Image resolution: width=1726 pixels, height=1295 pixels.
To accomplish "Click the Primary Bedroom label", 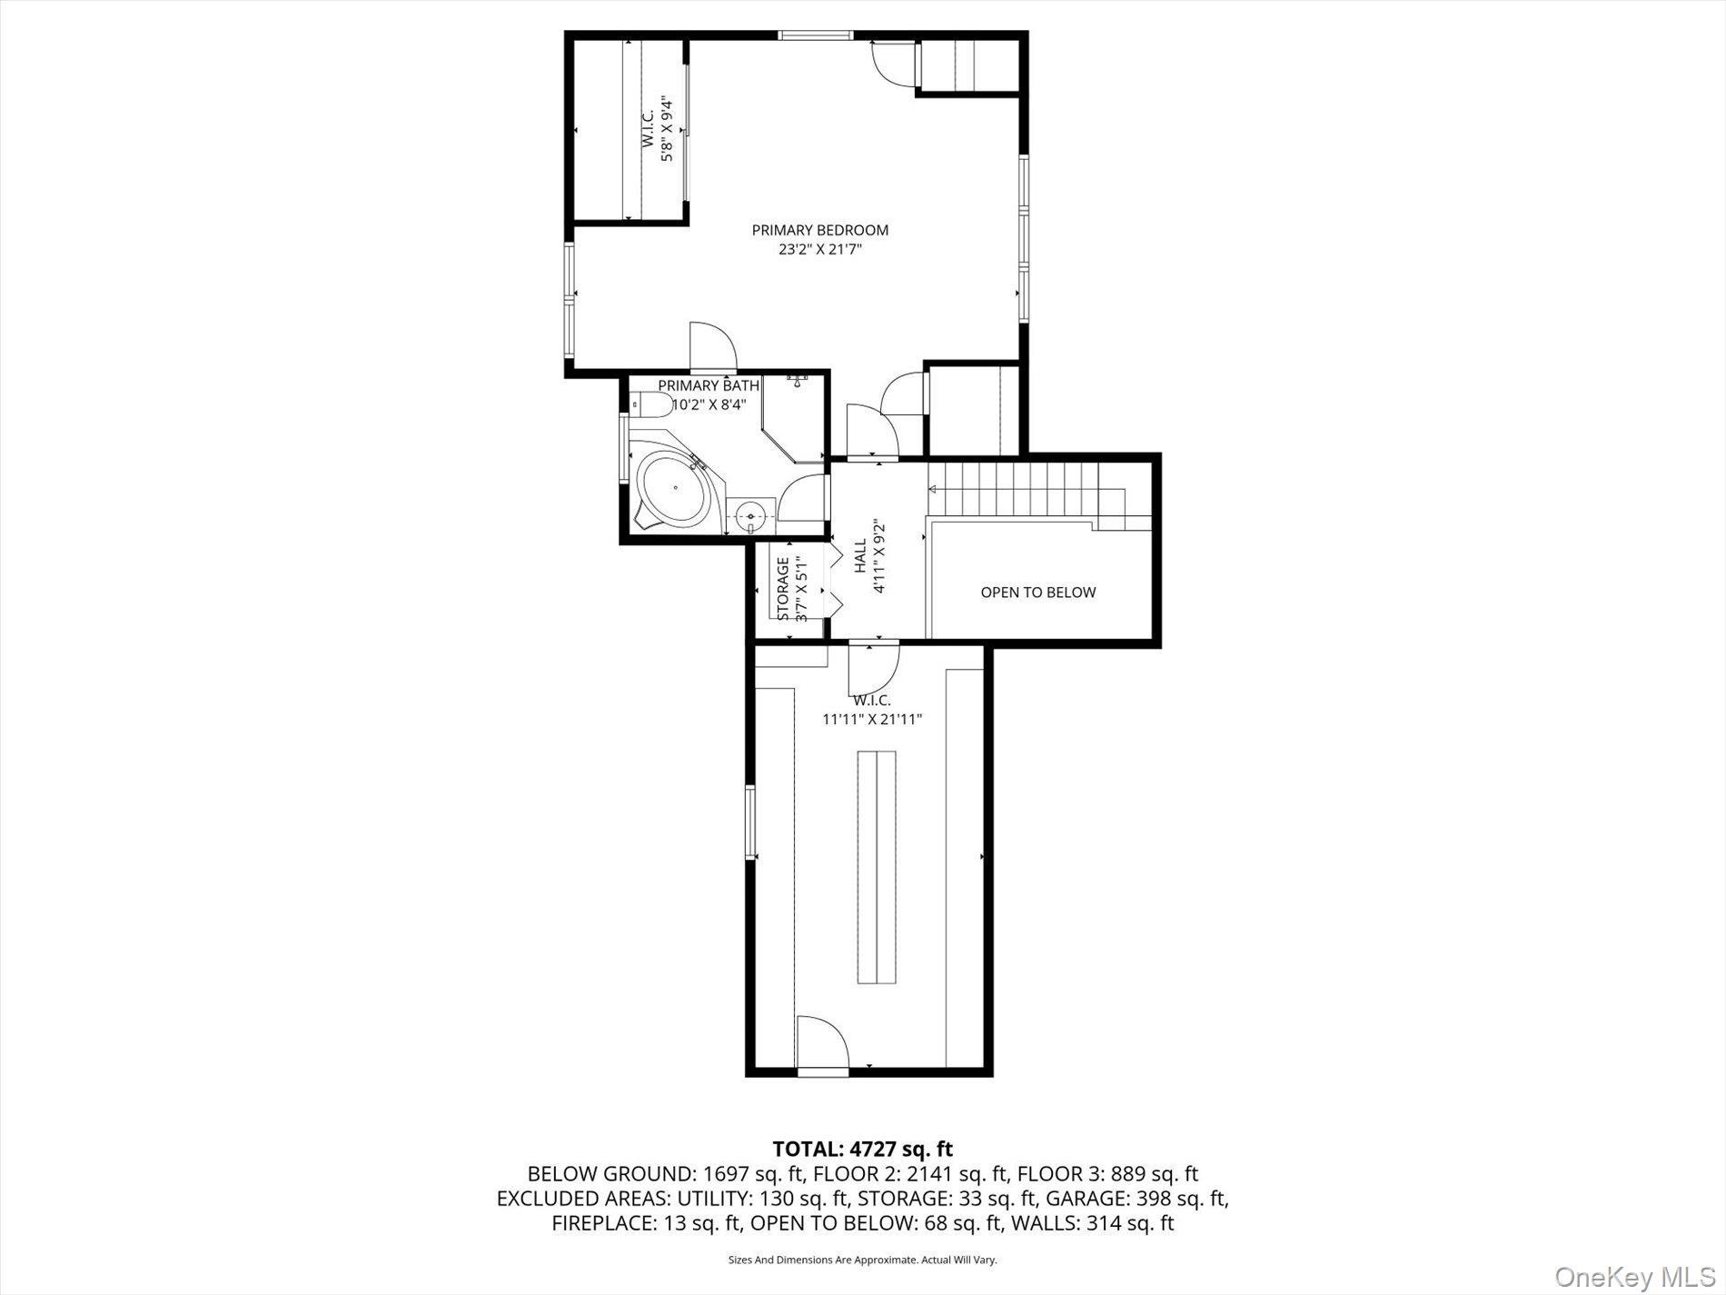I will click(x=819, y=230).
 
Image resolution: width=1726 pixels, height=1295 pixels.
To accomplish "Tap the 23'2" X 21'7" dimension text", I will click(x=819, y=249).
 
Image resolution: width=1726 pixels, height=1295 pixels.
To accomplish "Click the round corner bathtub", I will click(x=673, y=492).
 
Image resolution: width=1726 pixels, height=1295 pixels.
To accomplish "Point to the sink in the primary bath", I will click(x=752, y=516).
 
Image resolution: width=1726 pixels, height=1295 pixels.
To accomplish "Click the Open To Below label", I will click(x=1037, y=593).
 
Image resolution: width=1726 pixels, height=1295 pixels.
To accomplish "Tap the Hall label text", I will click(x=859, y=556).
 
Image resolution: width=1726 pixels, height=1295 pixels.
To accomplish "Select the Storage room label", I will click(x=783, y=588).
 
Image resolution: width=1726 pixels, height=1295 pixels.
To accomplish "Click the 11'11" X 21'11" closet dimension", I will click(x=872, y=719).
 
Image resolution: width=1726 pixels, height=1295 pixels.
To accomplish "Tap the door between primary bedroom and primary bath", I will click(x=713, y=348).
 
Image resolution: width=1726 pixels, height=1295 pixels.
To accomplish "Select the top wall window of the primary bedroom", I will click(x=815, y=35).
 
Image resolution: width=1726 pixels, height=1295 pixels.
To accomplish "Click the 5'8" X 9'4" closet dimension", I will click(x=667, y=129).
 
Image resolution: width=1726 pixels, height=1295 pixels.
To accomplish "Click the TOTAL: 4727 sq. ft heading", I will click(x=862, y=1149).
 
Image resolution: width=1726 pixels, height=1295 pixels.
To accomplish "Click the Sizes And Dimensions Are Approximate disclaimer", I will click(x=862, y=1260).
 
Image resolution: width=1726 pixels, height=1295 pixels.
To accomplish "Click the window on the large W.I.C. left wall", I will click(x=750, y=822).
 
